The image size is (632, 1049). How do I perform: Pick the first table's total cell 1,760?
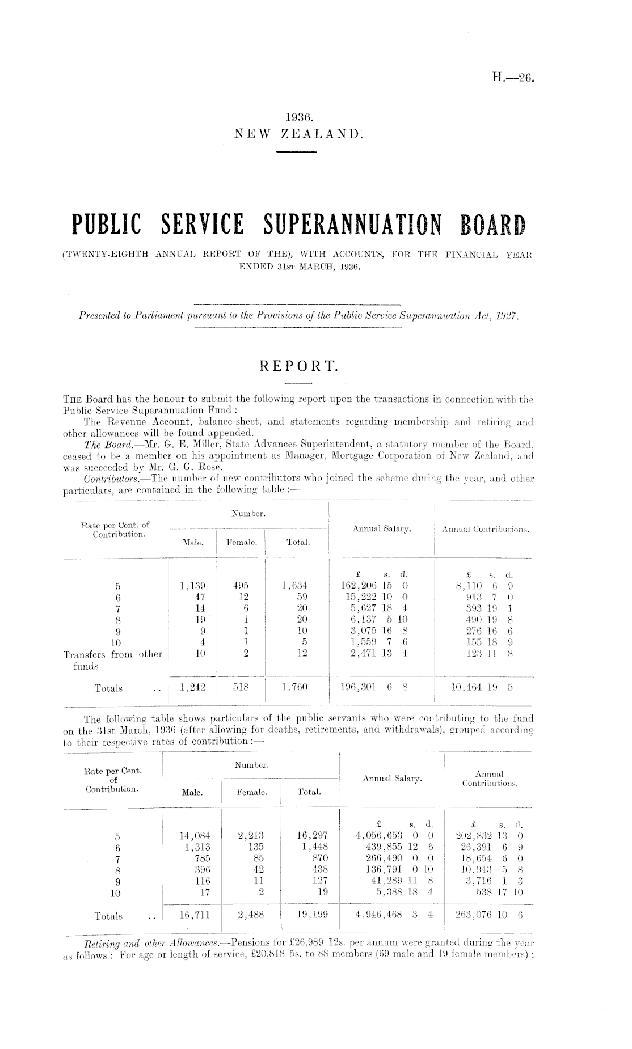click(x=294, y=688)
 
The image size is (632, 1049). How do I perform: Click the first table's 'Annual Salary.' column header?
click(x=382, y=528)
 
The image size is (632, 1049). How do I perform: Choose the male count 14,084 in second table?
click(x=195, y=835)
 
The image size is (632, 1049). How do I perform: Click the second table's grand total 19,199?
click(x=310, y=915)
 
